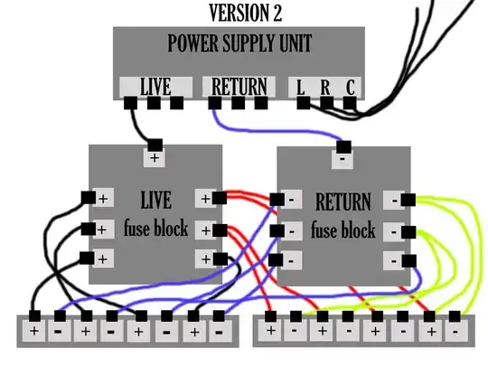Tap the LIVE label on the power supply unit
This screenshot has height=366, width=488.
point(155,87)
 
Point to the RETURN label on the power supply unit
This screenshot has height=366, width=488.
point(239,87)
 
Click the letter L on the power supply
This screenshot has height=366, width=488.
point(301,88)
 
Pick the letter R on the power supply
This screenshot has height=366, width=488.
point(324,88)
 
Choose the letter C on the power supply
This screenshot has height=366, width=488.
point(349,88)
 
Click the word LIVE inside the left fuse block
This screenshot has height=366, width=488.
point(155,199)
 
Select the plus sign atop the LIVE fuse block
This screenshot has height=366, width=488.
point(155,158)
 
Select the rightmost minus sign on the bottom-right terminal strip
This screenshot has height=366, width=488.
point(455,332)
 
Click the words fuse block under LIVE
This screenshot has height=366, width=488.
point(155,229)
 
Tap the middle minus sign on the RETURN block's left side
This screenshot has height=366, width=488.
point(293,230)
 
